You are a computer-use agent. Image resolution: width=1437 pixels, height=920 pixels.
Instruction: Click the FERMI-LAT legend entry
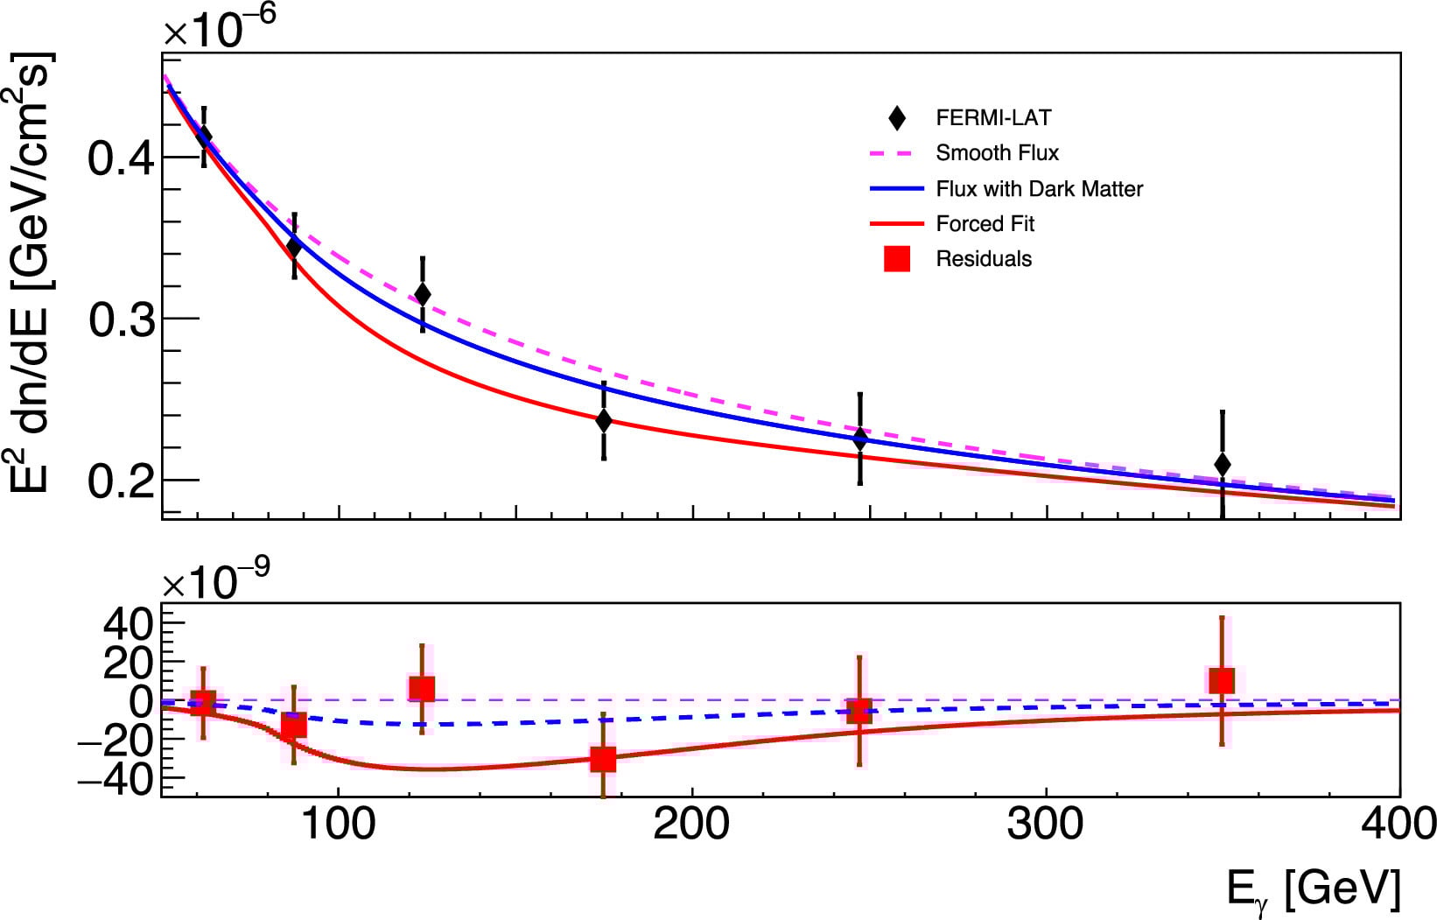992,118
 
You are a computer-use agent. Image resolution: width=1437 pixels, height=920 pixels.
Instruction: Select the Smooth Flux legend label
997,153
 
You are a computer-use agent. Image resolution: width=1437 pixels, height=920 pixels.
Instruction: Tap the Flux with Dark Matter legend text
1039,189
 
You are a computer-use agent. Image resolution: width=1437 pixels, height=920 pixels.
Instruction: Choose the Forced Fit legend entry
985,224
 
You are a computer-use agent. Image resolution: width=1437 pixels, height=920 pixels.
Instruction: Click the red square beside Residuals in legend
897,259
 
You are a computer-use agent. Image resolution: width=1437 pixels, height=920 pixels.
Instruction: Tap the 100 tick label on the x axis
338,825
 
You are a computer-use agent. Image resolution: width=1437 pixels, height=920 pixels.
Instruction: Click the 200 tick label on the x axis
691,825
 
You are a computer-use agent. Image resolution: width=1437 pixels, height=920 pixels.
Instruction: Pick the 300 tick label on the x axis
1045,825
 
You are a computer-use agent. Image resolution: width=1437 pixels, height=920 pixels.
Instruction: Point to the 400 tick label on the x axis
1398,825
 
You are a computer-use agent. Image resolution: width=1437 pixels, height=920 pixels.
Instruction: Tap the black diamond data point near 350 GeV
1223,465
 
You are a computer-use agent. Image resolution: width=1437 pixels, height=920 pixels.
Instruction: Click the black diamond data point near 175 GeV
604,421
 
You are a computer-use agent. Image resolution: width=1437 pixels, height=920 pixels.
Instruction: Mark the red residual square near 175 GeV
603,760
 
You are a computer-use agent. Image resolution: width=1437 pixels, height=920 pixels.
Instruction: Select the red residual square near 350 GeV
1222,680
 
